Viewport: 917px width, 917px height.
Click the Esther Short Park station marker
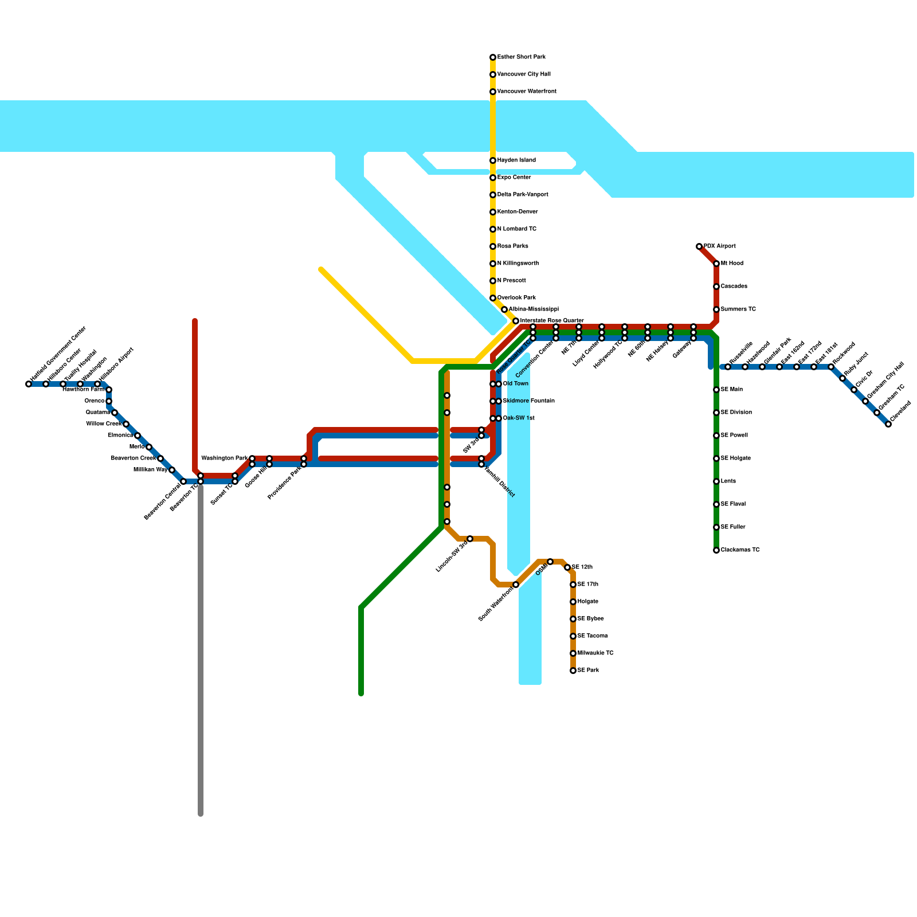[493, 57]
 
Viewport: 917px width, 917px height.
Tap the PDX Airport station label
[719, 246]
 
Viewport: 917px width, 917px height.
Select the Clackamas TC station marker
[716, 550]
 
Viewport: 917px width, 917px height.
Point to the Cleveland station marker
[888, 424]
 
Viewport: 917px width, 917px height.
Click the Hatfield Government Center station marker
[29, 384]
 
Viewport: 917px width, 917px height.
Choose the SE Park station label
[588, 671]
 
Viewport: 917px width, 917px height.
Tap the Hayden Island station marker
[493, 160]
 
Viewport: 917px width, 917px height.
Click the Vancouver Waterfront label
[526, 92]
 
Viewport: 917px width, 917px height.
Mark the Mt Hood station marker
[716, 264]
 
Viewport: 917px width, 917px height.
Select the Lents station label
[728, 481]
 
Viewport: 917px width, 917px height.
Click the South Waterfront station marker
[516, 585]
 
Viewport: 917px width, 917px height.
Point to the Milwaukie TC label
[595, 653]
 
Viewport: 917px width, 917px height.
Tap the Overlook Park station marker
[493, 298]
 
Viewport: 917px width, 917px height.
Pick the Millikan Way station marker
[172, 470]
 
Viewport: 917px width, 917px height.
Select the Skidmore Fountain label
[528, 401]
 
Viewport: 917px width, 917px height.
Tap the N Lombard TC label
[516, 229]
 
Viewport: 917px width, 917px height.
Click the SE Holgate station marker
[716, 458]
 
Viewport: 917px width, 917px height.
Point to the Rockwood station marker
[831, 367]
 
